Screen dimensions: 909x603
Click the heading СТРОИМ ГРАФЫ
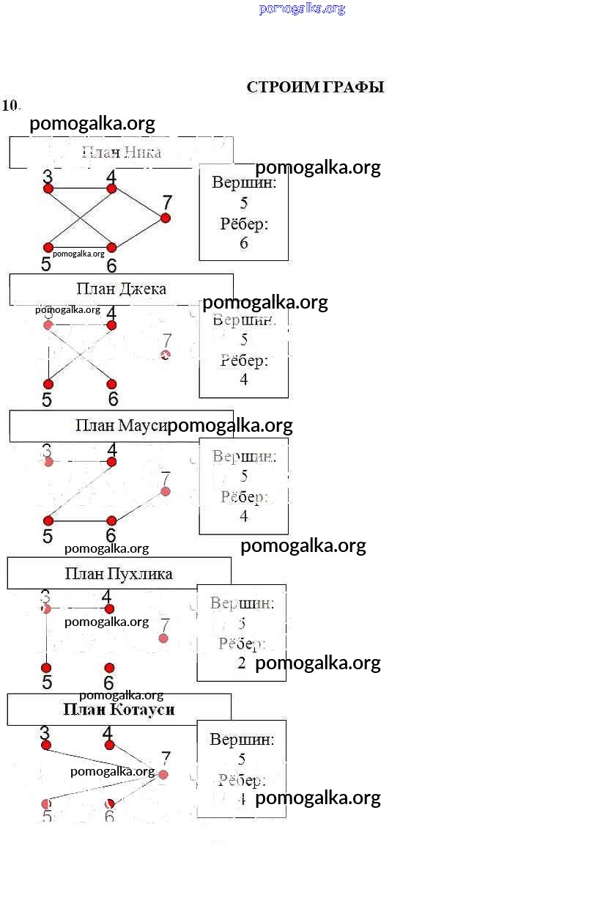pyautogui.click(x=315, y=87)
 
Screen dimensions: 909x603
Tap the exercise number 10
pyautogui.click(x=10, y=105)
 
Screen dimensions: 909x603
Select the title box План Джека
pyautogui.click(x=121, y=289)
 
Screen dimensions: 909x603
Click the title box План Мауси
pyautogui.click(x=121, y=426)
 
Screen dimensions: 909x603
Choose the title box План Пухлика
pyautogui.click(x=119, y=573)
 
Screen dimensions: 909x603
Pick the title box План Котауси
pyautogui.click(x=119, y=710)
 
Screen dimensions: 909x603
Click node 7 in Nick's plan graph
pyautogui.click(x=166, y=218)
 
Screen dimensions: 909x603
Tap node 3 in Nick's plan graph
pyautogui.click(x=48, y=188)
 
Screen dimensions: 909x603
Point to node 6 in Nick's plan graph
pyautogui.click(x=112, y=248)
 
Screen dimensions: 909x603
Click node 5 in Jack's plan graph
pyautogui.click(x=48, y=384)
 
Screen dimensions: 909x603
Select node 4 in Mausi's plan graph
pyautogui.click(x=112, y=462)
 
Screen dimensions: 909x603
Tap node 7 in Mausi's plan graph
pyautogui.click(x=166, y=491)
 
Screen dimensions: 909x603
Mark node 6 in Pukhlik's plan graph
pyautogui.click(x=109, y=668)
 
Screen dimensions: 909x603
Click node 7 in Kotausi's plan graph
pyautogui.click(x=163, y=774)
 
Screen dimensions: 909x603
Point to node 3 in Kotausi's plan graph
pyautogui.click(x=46, y=745)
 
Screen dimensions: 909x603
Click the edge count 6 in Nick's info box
pyautogui.click(x=244, y=243)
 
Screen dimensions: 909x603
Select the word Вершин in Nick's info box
pyautogui.click(x=244, y=183)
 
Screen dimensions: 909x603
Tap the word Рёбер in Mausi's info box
pyautogui.click(x=244, y=497)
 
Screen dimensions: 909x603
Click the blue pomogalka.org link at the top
pyautogui.click(x=302, y=9)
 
